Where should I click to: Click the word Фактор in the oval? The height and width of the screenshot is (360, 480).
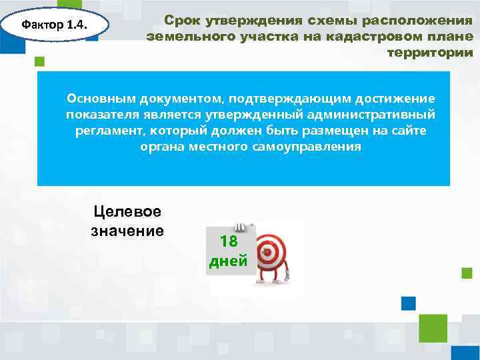pyautogui.click(x=43, y=26)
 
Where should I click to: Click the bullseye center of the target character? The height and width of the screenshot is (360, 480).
pyautogui.click(x=269, y=251)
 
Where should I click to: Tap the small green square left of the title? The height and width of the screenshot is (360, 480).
pyautogui.click(x=39, y=61)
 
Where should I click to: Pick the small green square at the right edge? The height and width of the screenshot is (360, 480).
pyautogui.click(x=467, y=273)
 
